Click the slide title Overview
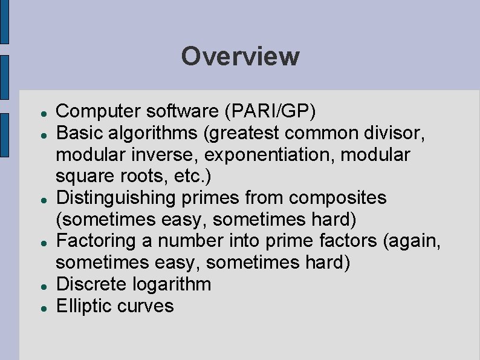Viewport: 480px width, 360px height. coord(240,56)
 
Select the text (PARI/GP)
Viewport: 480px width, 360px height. coord(270,111)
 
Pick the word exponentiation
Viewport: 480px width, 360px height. coord(270,154)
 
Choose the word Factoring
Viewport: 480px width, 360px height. coord(94,241)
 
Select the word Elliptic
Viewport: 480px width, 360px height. coord(85,306)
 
